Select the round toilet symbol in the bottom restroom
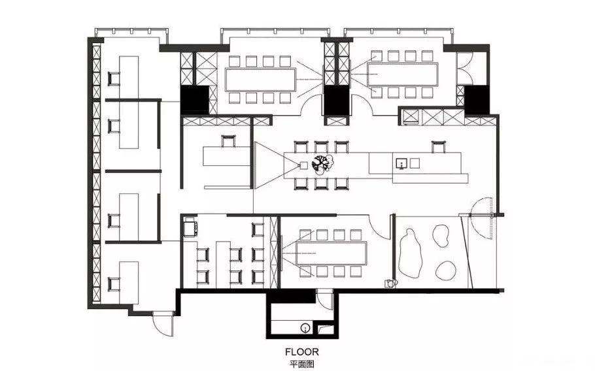pyautogui.click(x=305, y=328)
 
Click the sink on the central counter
pyautogui.click(x=401, y=164)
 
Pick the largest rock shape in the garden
pyautogui.click(x=411, y=253)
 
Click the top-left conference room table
pyautogui.click(x=261, y=80)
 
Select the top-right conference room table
pyautogui.click(x=402, y=74)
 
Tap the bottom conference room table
pyautogui.click(x=331, y=253)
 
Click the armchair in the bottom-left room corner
pyautogui.click(x=190, y=229)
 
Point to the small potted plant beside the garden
pyautogui.click(x=391, y=283)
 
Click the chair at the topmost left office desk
pyautogui.click(x=114, y=78)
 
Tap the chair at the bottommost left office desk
pyautogui.click(x=114, y=284)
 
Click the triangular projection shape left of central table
pyautogui.click(x=270, y=165)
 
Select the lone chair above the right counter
pyautogui.click(x=438, y=147)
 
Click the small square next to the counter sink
pyautogui.click(x=415, y=163)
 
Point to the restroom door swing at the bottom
pyautogui.click(x=324, y=300)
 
